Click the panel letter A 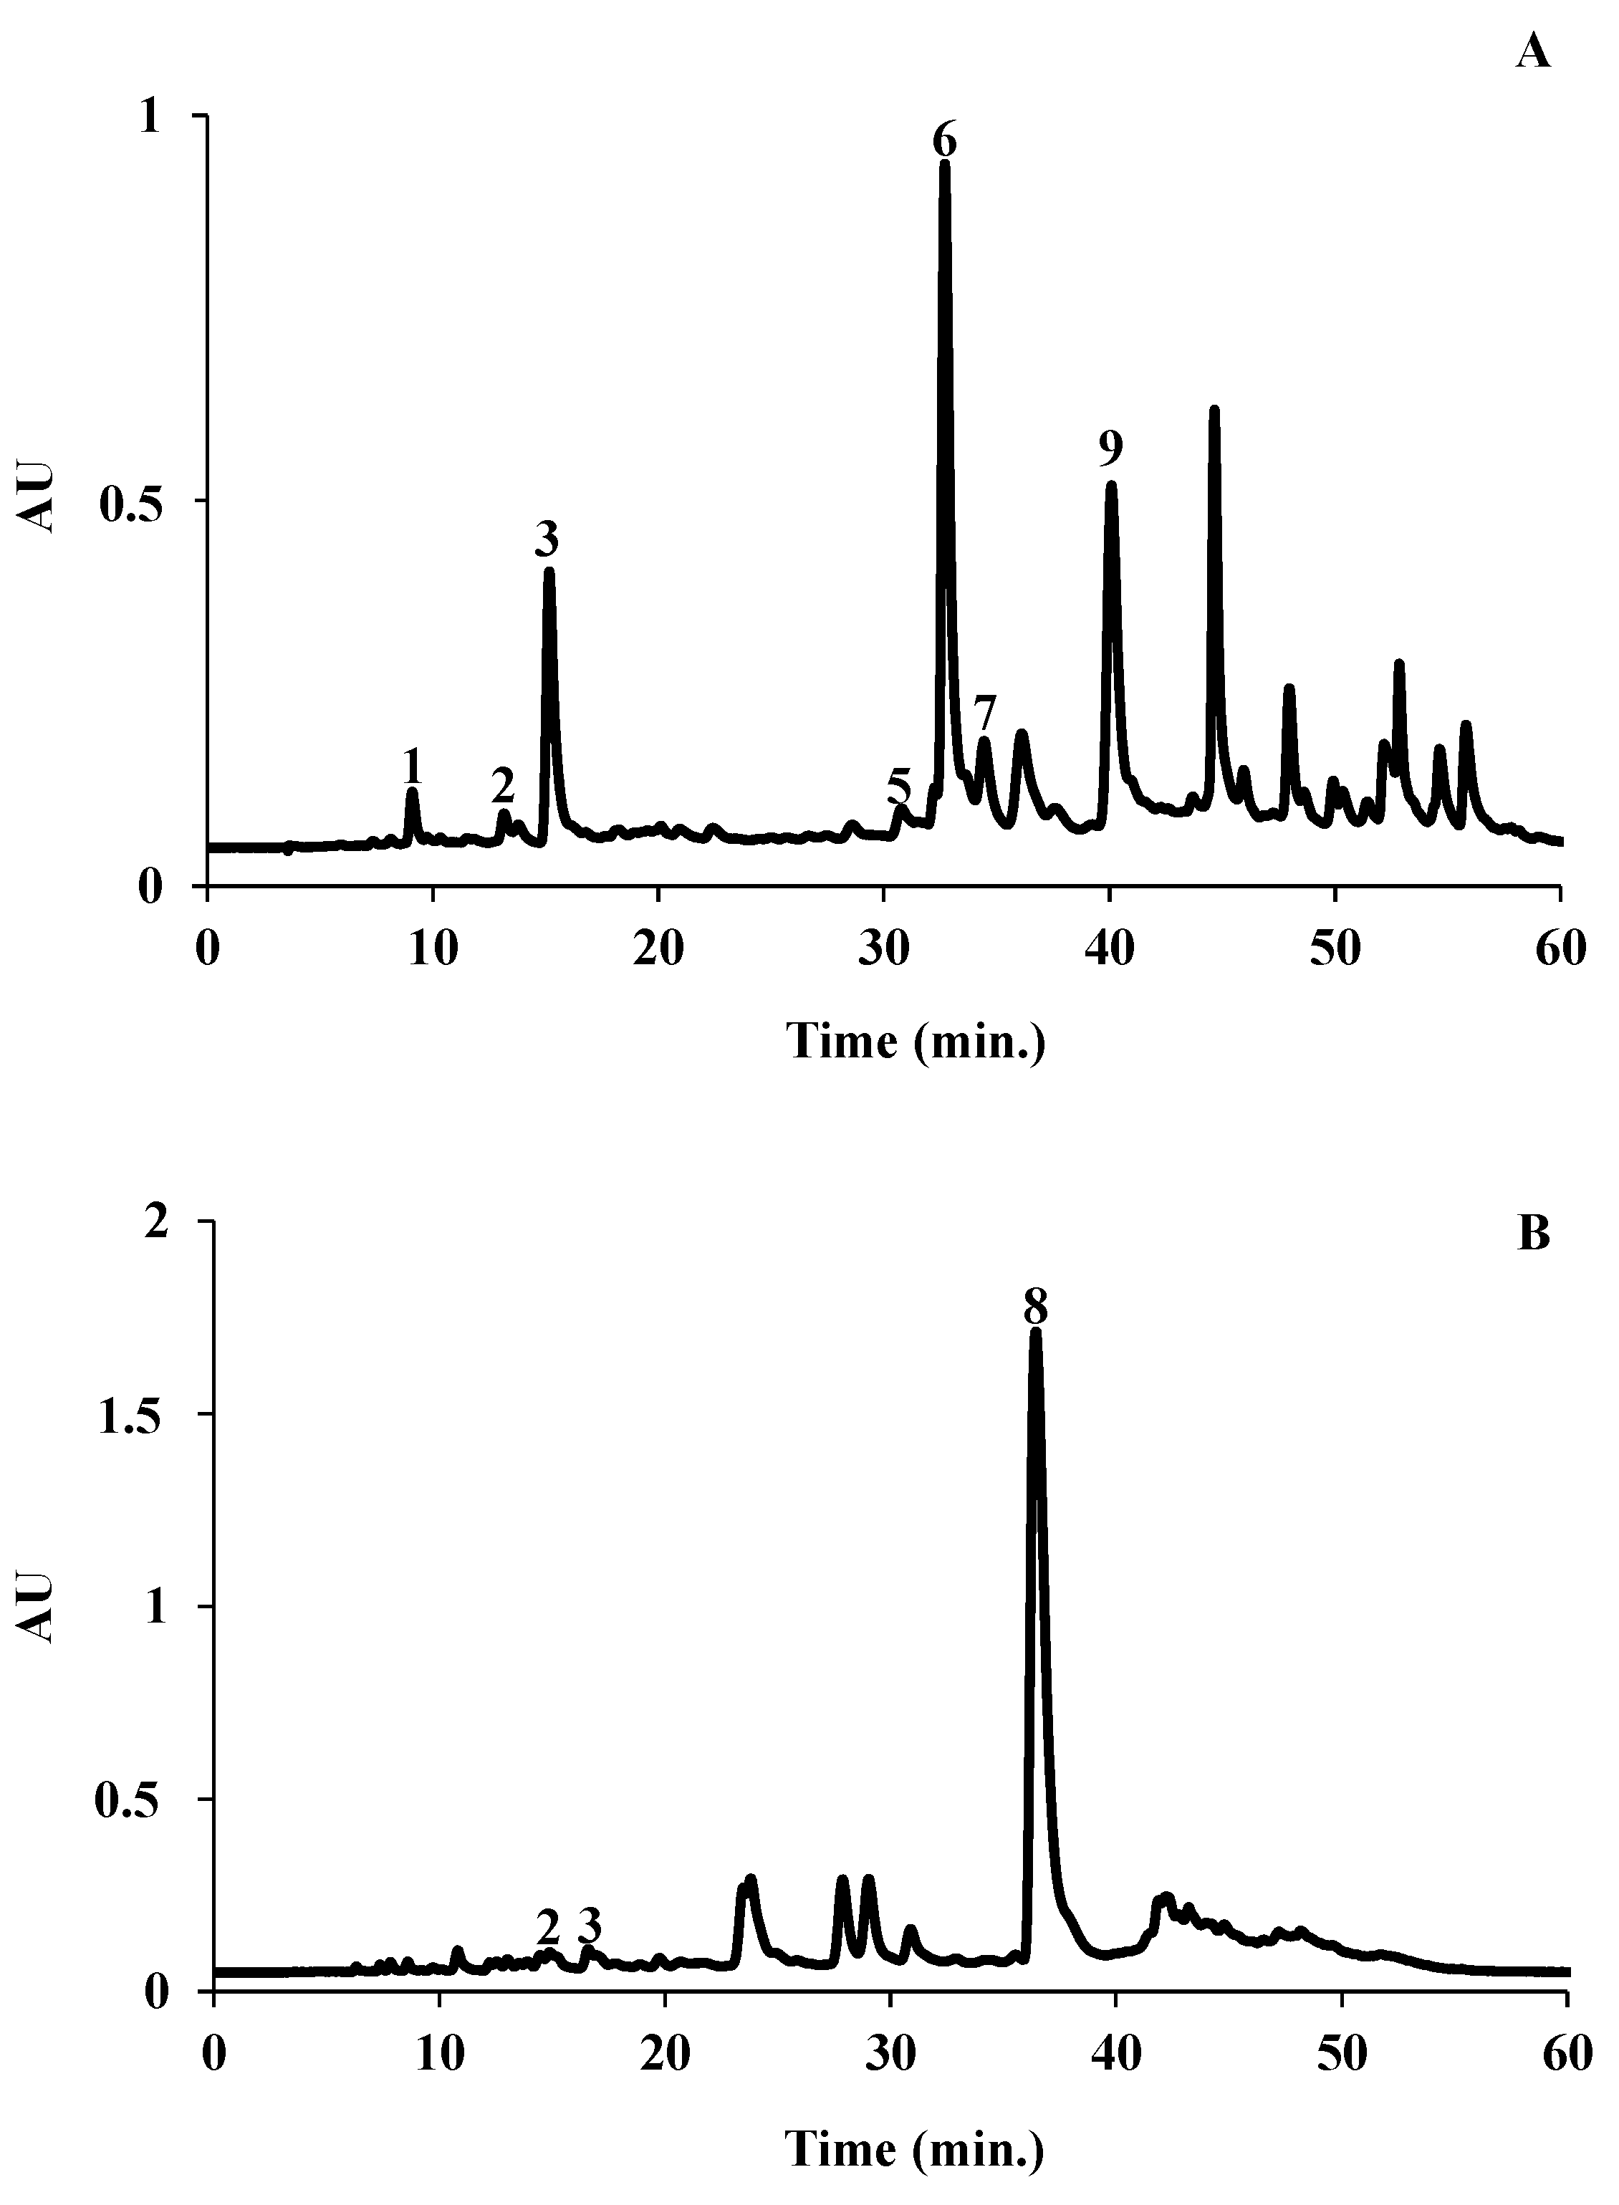[1533, 51]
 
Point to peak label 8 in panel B [1036, 1307]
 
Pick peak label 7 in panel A [985, 709]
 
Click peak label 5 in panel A [898, 785]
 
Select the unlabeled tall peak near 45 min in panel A [1214, 410]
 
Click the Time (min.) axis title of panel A [916, 1041]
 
